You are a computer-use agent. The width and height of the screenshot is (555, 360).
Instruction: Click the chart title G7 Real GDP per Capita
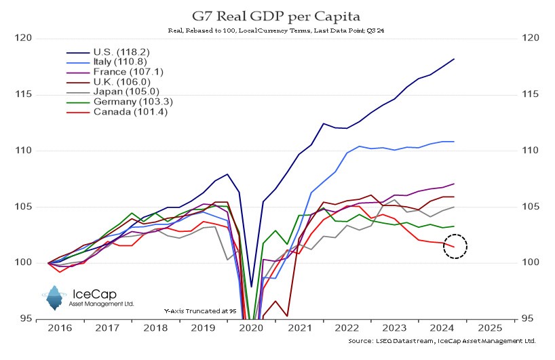[277, 15]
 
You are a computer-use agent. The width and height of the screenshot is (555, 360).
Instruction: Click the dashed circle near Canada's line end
[456, 245]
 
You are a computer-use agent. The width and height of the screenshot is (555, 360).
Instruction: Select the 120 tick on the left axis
[24, 38]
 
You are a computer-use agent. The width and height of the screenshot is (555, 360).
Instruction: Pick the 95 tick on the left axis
[27, 319]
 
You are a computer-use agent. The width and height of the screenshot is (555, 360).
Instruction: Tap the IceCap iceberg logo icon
[55, 296]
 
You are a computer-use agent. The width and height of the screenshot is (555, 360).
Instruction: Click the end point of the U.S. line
[454, 59]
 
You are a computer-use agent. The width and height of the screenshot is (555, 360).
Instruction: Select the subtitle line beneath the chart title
[277, 31]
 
